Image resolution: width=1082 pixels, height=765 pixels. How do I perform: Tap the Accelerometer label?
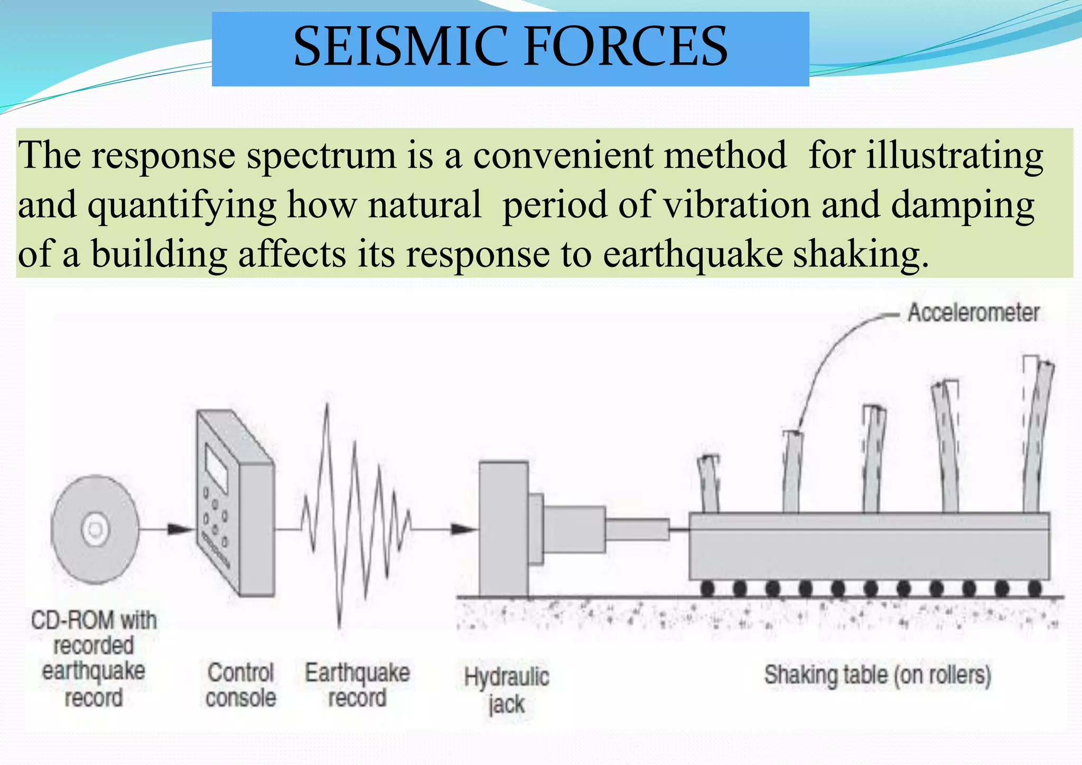[973, 313]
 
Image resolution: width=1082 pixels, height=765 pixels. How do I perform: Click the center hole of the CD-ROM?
[96, 529]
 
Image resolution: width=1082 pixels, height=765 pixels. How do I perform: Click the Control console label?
[241, 685]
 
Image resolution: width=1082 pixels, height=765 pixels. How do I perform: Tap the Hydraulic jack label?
[506, 691]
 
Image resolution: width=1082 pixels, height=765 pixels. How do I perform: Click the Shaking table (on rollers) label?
[877, 676]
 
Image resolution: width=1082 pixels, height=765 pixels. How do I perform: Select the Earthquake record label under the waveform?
[357, 685]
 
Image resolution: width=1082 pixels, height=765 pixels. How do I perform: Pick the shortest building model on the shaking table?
[708, 483]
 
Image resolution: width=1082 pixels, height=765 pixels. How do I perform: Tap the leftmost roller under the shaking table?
[707, 588]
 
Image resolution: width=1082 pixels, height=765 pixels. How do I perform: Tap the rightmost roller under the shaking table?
[1034, 588]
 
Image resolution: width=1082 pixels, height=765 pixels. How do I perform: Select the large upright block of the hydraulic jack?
[503, 528]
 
